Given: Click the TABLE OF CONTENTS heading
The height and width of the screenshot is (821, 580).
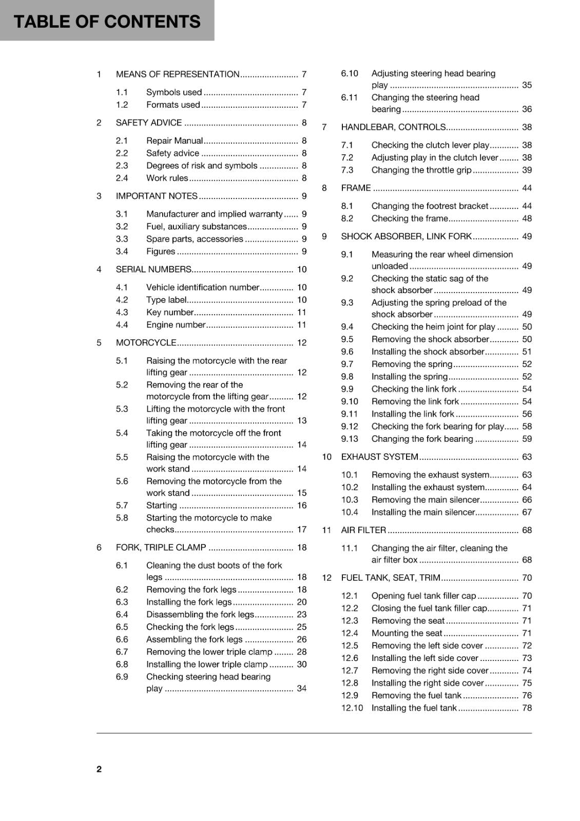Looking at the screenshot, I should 107,22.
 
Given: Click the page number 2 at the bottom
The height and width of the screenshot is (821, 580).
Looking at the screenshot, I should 99,769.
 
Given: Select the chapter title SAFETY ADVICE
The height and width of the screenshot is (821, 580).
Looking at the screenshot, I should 149,123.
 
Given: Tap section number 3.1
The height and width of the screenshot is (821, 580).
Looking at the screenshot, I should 122,214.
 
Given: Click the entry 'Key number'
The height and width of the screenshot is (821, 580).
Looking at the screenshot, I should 170,312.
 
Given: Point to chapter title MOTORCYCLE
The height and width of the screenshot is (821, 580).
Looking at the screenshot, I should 146,343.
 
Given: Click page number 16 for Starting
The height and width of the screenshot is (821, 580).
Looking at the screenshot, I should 302,505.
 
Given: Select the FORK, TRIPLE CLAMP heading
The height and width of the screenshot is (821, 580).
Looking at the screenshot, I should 161,548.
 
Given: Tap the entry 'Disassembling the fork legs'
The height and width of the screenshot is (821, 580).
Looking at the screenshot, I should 200,615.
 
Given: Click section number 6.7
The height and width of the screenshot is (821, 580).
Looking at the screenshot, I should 122,652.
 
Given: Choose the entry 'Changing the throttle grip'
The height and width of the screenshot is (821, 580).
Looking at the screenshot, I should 421,170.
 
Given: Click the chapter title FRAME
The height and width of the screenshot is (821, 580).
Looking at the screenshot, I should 356,188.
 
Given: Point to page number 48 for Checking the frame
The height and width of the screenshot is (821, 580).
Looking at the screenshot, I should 527,219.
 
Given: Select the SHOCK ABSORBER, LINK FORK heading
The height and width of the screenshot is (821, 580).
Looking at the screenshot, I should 406,237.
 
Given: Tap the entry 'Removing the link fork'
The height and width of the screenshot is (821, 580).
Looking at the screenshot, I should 415,402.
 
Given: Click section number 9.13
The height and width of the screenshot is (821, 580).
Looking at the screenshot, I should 350,439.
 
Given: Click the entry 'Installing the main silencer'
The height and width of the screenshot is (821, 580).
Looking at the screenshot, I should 423,513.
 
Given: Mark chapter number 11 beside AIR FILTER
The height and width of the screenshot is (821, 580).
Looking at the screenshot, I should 326,531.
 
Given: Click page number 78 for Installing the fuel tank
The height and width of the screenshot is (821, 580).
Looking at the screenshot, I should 527,708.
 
